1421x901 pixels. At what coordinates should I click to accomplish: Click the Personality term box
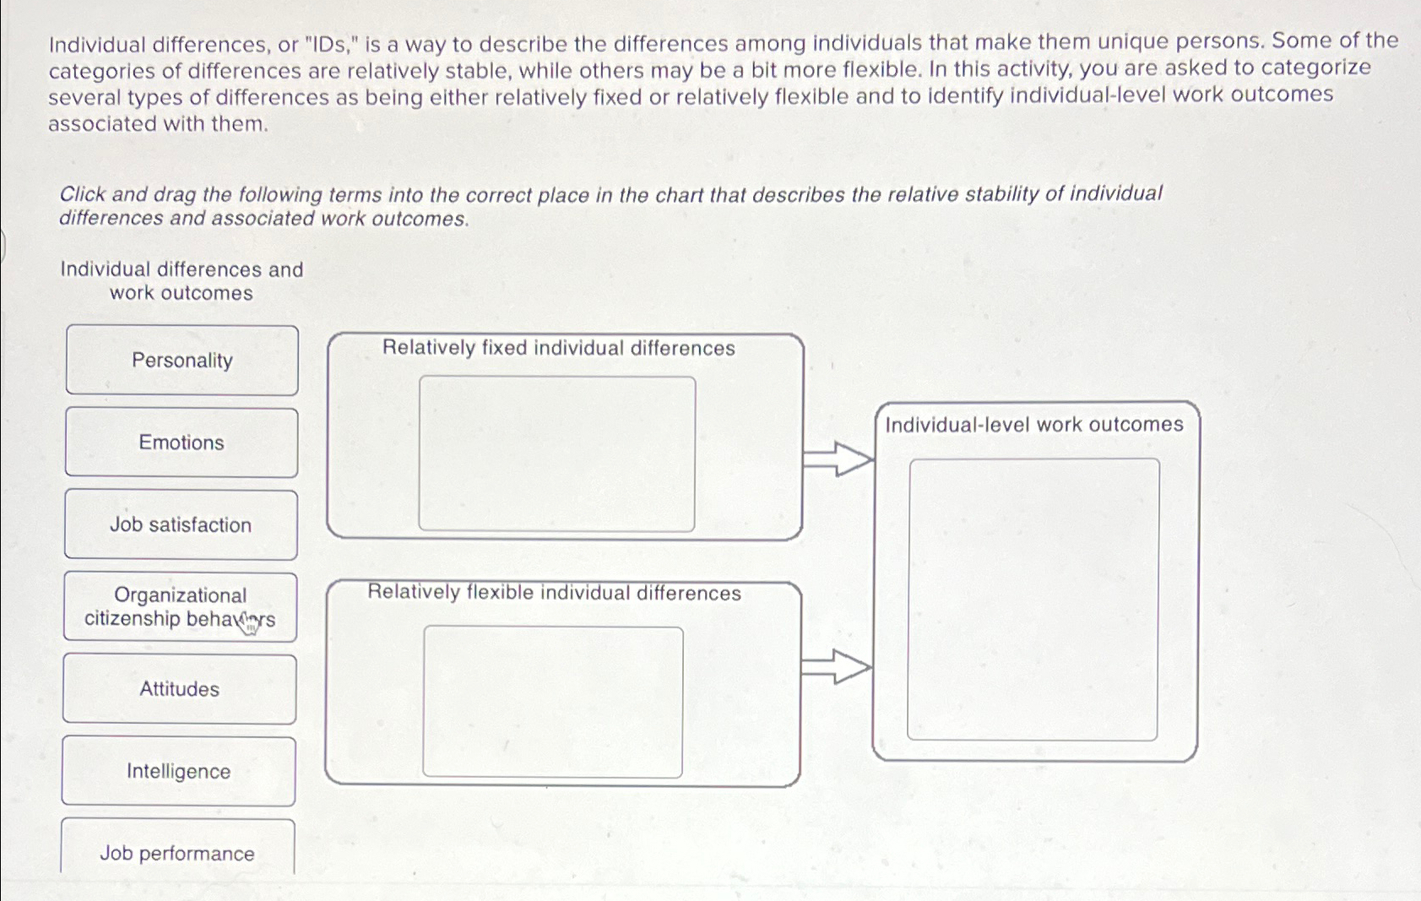pyautogui.click(x=182, y=361)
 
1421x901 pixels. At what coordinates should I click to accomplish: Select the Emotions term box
pyautogui.click(x=181, y=442)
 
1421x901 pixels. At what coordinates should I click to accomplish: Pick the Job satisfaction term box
pyautogui.click(x=181, y=524)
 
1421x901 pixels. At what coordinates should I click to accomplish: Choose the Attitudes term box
pyautogui.click(x=179, y=689)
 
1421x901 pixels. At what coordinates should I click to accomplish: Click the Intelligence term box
pyautogui.click(x=178, y=771)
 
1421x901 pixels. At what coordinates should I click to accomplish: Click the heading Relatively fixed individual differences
pyautogui.click(x=558, y=348)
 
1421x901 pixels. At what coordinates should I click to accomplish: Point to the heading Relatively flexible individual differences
pyautogui.click(x=554, y=593)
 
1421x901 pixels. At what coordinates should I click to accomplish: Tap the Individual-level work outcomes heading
pyautogui.click(x=1033, y=424)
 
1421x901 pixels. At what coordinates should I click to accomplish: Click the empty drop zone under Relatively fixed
pyautogui.click(x=556, y=453)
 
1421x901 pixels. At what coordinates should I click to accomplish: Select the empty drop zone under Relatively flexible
pyautogui.click(x=553, y=701)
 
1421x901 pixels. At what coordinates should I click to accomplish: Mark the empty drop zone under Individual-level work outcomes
pyautogui.click(x=1033, y=599)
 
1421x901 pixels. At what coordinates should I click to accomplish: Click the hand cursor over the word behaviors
pyautogui.click(x=247, y=623)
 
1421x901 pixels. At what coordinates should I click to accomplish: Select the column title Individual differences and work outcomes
pyautogui.click(x=182, y=281)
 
